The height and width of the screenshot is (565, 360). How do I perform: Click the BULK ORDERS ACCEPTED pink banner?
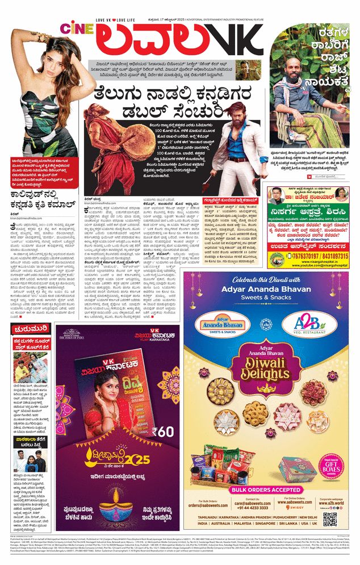(267, 488)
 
